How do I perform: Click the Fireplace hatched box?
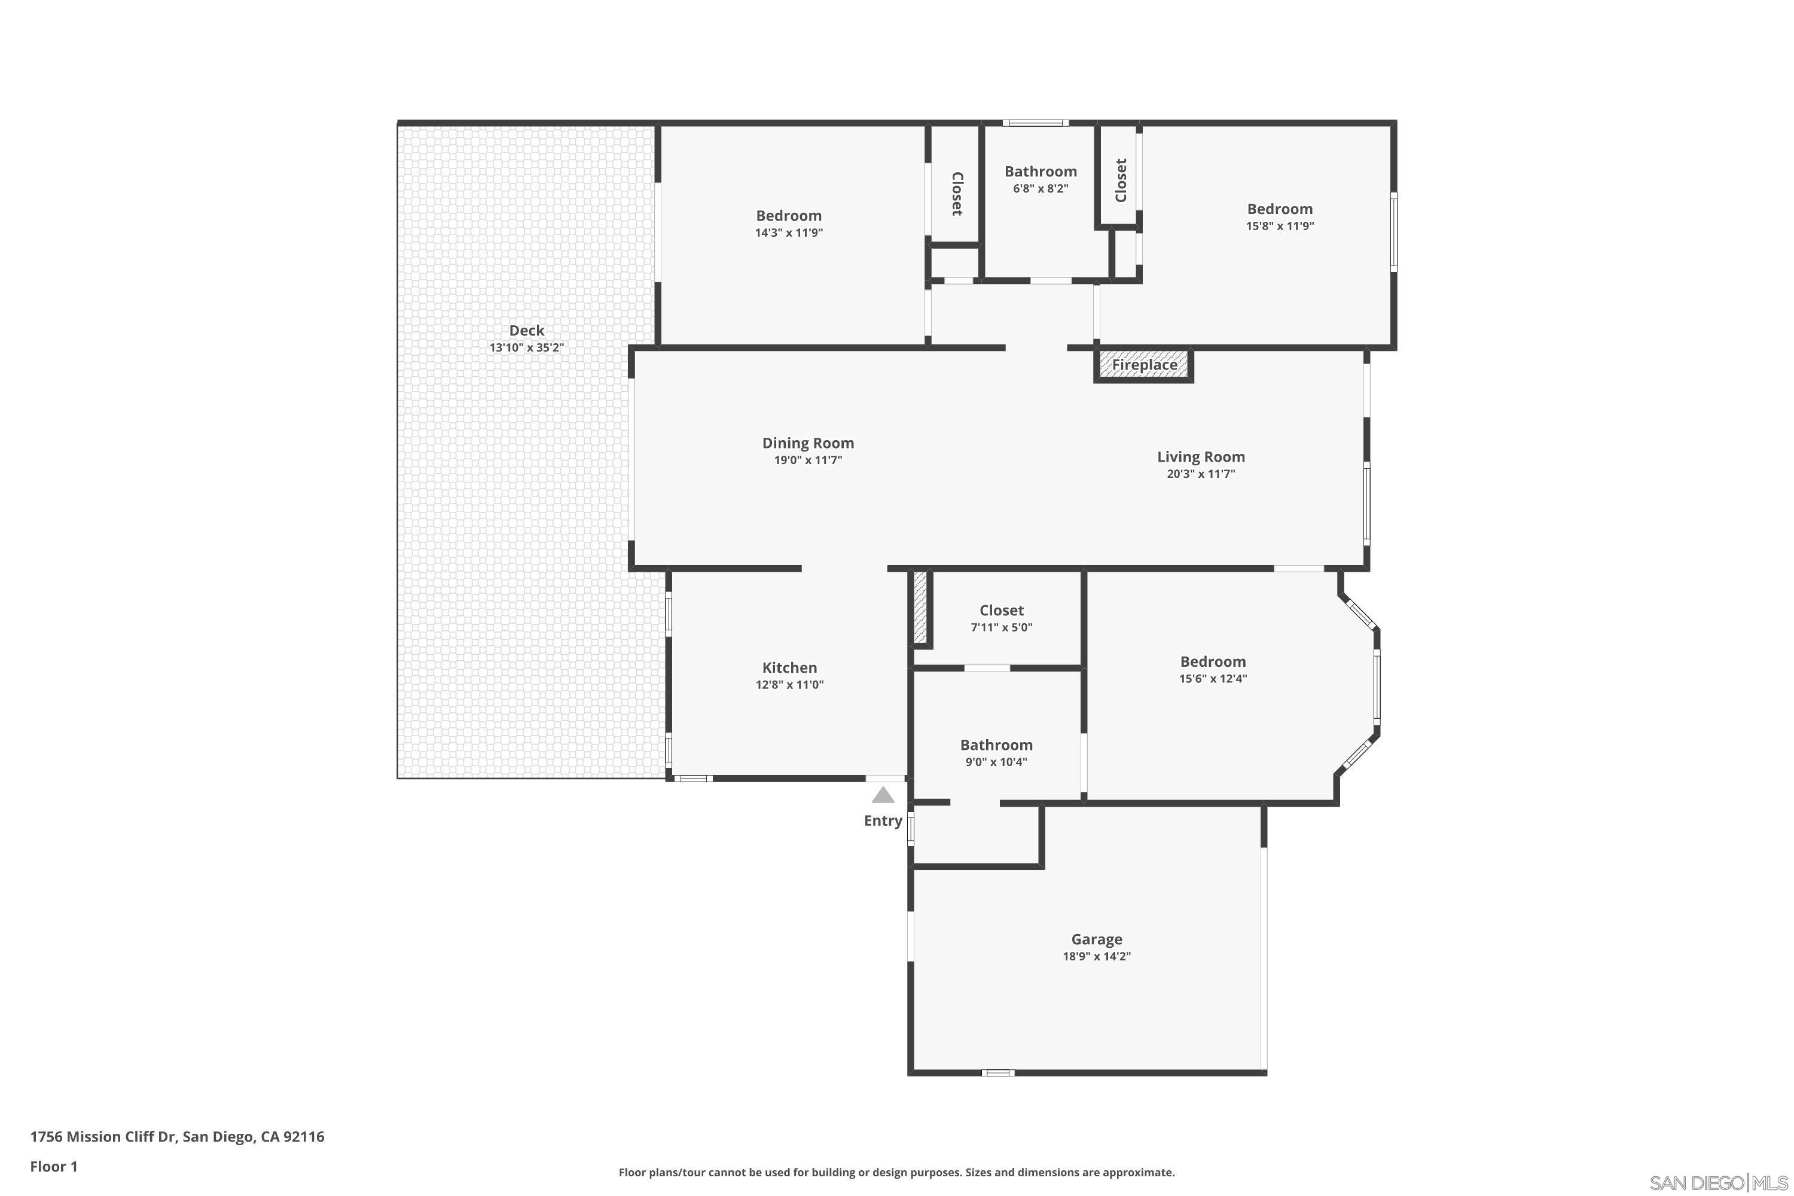click(x=1143, y=365)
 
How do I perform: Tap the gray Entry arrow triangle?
click(x=883, y=795)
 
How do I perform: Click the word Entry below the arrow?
click(x=883, y=820)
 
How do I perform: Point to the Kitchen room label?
click(x=789, y=667)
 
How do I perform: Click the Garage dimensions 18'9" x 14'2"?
click(x=1096, y=956)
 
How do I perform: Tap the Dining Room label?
click(x=808, y=443)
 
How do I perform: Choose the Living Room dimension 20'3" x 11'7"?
click(x=1201, y=474)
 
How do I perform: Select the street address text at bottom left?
click(x=177, y=1137)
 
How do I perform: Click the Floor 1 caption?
click(x=53, y=1166)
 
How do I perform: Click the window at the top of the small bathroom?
click(x=1035, y=123)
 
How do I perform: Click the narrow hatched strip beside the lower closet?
click(x=920, y=606)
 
